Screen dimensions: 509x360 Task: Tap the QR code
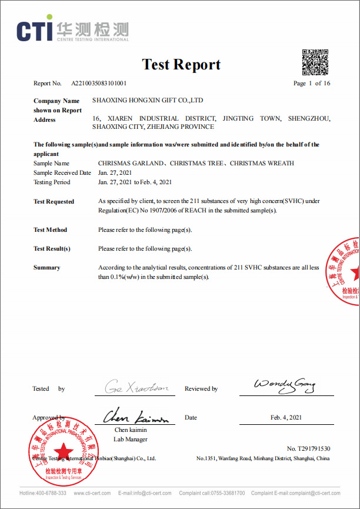(x=315, y=62)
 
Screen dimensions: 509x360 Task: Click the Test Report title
(x=181, y=65)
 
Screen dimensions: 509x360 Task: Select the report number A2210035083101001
(x=99, y=84)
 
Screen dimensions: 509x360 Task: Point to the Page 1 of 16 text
(x=312, y=84)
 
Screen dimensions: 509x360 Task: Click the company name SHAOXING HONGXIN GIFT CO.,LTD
(x=148, y=101)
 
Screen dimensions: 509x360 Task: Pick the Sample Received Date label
(x=62, y=173)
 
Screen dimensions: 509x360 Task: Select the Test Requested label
(x=54, y=202)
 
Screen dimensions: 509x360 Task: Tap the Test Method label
(x=51, y=230)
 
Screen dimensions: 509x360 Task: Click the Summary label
(x=47, y=268)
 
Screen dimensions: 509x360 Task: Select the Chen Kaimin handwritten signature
(x=136, y=418)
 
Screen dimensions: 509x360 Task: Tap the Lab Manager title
(x=131, y=439)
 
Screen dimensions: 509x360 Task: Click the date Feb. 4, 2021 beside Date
(x=286, y=418)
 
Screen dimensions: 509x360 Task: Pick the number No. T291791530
(x=308, y=449)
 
